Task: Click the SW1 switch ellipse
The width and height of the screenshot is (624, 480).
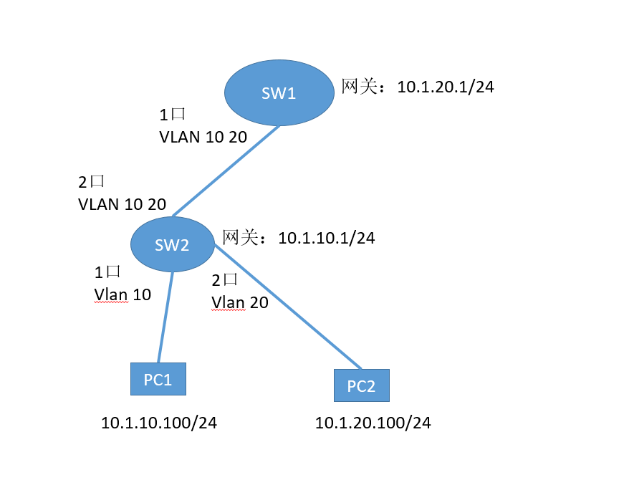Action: (279, 93)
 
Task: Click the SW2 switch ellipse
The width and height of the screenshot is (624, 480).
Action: (173, 244)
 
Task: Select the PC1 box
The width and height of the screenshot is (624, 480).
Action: (158, 379)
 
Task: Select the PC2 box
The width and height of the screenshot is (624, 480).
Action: (361, 385)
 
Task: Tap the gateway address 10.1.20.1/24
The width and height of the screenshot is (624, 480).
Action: (446, 87)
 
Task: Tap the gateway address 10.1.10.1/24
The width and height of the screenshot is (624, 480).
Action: (326, 238)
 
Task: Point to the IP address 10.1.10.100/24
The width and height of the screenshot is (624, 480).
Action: (159, 423)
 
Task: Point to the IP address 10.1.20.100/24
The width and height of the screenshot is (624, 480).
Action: (373, 423)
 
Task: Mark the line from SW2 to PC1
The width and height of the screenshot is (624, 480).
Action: (165, 317)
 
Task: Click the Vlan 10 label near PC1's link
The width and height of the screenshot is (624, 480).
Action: (123, 294)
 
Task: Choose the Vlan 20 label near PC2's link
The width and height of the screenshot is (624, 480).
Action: (240, 302)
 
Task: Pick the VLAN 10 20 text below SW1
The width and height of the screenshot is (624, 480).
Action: (203, 137)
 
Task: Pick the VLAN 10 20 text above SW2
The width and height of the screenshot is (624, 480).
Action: (122, 204)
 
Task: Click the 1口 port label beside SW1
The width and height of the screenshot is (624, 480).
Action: (173, 115)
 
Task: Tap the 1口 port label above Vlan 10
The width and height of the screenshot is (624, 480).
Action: (107, 272)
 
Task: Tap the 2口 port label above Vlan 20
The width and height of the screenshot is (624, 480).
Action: (225, 281)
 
